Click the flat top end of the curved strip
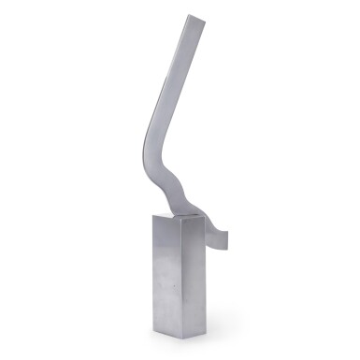click(195, 17)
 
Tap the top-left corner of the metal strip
click(185, 15)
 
